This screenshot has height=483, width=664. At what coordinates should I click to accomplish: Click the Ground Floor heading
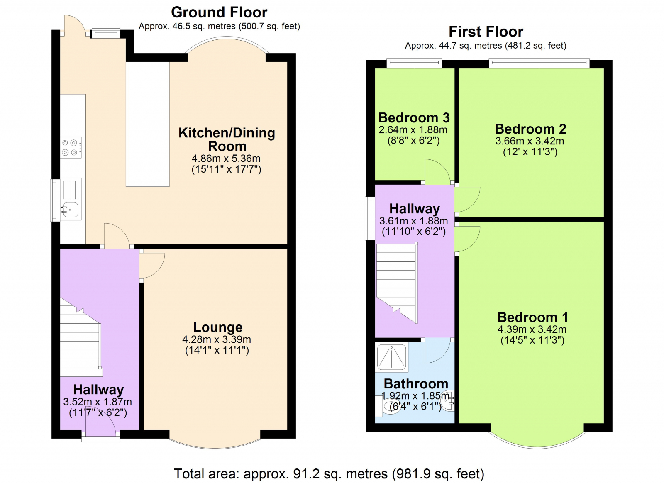[x=219, y=12]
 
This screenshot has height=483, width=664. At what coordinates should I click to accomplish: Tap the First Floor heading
[x=486, y=32]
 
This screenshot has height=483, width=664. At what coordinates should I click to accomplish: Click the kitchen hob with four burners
[x=71, y=147]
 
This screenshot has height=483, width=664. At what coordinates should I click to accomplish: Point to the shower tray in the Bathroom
[x=392, y=357]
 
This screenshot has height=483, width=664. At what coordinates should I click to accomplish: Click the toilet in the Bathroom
[x=388, y=406]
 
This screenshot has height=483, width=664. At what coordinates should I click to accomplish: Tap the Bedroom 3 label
[x=414, y=118]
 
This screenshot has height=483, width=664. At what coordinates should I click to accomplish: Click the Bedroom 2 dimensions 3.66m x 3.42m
[x=530, y=141]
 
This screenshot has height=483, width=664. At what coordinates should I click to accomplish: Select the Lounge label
[x=217, y=327]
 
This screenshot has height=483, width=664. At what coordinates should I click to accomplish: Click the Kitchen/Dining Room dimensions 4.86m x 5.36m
[x=226, y=159]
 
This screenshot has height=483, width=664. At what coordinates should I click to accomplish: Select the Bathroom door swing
[x=437, y=350]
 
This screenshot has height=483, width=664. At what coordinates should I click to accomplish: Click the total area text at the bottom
[x=329, y=473]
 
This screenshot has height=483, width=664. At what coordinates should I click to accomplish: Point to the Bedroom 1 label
[x=532, y=317]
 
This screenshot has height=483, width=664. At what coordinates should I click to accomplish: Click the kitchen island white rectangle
[x=147, y=124]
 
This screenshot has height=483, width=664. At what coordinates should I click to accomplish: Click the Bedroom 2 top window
[x=539, y=63]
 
